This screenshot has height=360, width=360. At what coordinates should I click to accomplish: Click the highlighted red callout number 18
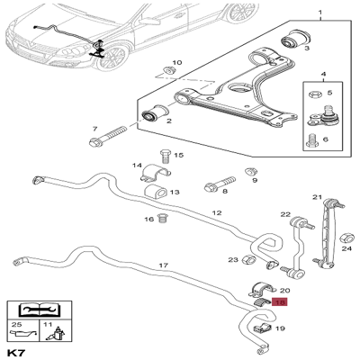coord(280,301)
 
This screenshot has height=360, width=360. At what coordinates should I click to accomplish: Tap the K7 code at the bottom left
coord(17,352)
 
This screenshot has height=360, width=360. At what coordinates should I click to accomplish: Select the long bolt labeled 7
coord(108,136)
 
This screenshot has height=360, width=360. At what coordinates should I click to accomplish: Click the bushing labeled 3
coord(296,38)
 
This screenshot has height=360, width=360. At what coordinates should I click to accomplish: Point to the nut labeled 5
coord(315,94)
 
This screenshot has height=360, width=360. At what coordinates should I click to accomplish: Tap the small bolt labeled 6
coord(312,142)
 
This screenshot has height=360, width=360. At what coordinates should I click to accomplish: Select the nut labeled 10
coord(171,70)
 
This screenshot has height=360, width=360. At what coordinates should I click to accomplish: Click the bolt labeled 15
coord(166,156)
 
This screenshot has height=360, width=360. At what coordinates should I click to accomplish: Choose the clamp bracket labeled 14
coord(155,173)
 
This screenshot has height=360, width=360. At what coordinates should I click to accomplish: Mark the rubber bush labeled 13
coord(156,192)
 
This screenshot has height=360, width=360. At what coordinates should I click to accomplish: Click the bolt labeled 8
coord(220,184)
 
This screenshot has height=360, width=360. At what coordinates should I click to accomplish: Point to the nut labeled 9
coord(250,172)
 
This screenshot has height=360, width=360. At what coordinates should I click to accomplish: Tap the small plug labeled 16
coord(163,219)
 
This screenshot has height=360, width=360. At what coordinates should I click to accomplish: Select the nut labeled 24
coord(346,238)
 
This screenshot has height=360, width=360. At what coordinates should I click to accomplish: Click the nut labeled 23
coord(248,259)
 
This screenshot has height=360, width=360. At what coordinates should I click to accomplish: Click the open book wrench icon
coord(40,310)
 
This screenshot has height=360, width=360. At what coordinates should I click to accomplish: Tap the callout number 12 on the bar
coord(217,213)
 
